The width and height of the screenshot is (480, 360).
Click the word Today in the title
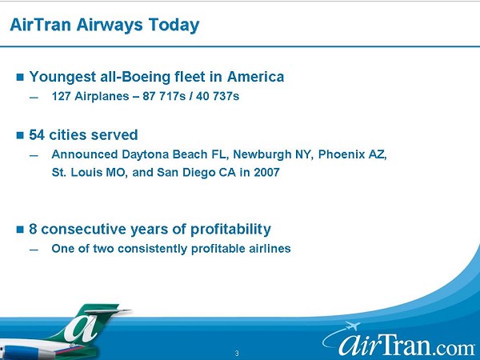[174, 26]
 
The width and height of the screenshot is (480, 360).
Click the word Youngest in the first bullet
[62, 78]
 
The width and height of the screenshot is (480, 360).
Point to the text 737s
[226, 97]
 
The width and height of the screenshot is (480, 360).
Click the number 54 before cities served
[37, 135]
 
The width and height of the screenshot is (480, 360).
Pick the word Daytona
[145, 155]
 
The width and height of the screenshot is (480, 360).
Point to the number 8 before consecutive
[33, 230]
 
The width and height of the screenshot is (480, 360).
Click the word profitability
[230, 230]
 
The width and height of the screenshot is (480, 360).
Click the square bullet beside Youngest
[20, 77]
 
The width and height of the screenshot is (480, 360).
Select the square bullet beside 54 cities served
[20, 135]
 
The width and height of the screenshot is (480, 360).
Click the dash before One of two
[34, 250]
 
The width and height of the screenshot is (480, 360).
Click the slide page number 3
[237, 354]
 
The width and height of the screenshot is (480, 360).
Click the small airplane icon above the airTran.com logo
[352, 326]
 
